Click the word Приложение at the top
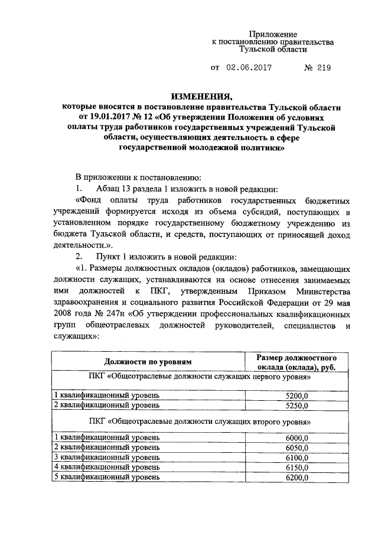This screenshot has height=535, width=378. click(272, 34)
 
